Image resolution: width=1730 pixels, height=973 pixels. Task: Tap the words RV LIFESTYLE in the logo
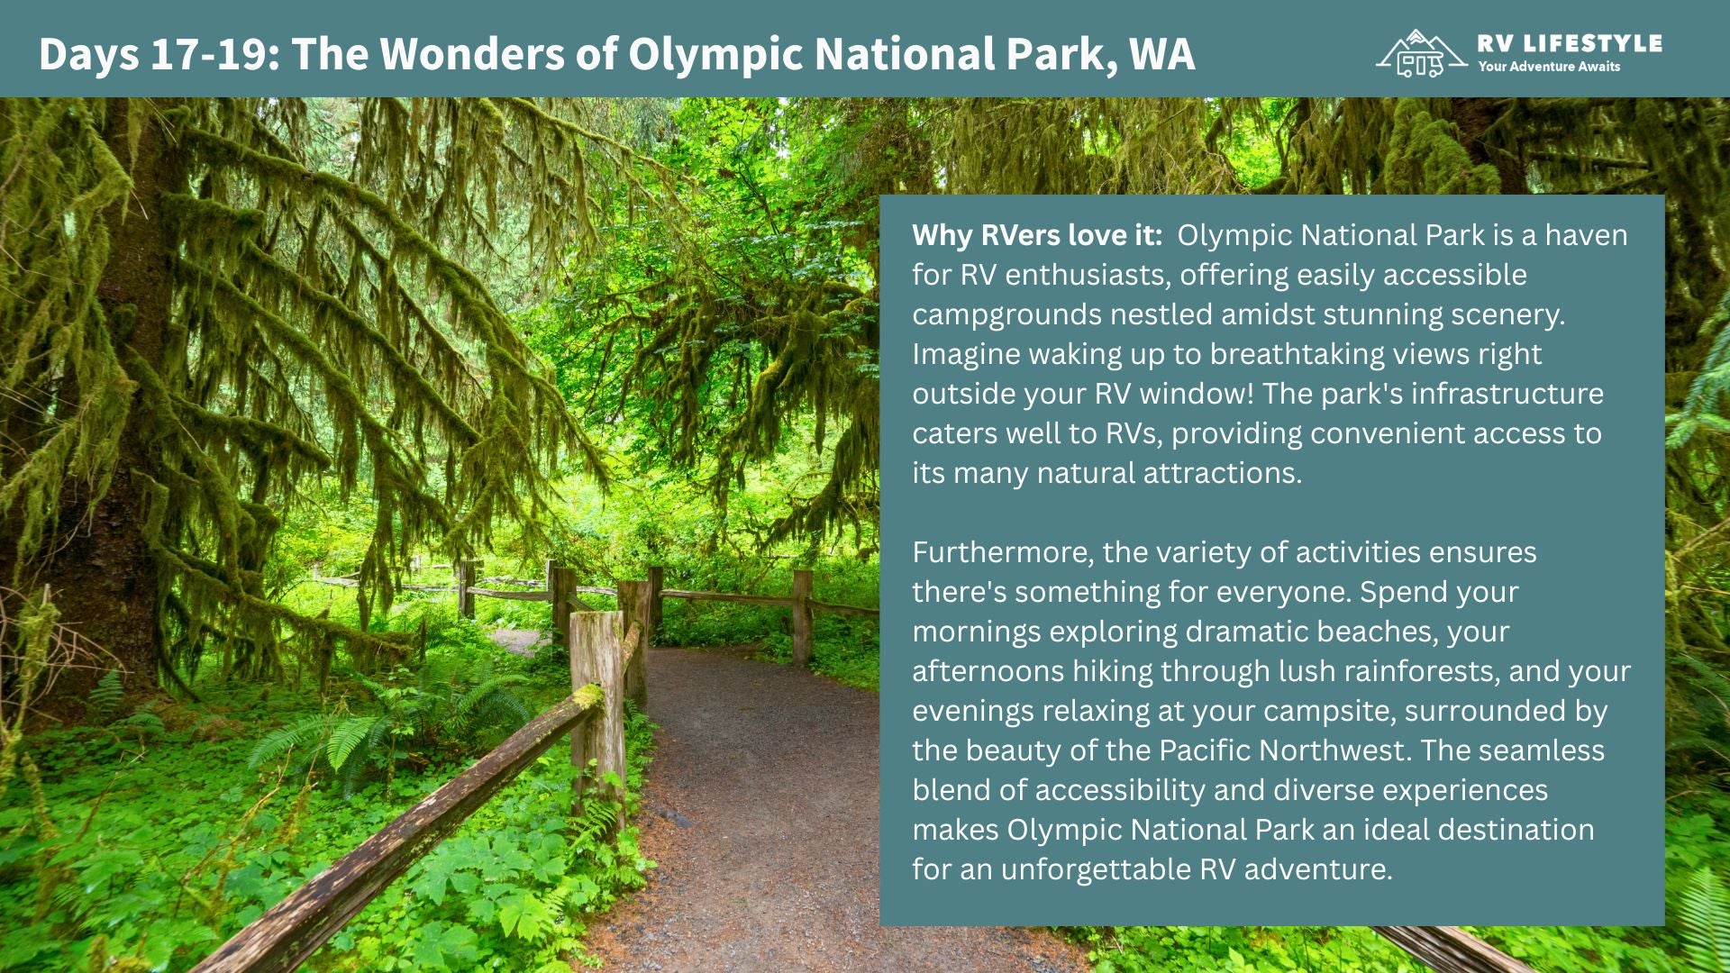click(x=1570, y=43)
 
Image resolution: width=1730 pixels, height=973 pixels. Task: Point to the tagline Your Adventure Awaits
click(x=1548, y=67)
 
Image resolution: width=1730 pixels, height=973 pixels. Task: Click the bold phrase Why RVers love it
click(x=1036, y=235)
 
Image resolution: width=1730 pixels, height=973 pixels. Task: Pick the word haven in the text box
click(x=1586, y=235)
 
